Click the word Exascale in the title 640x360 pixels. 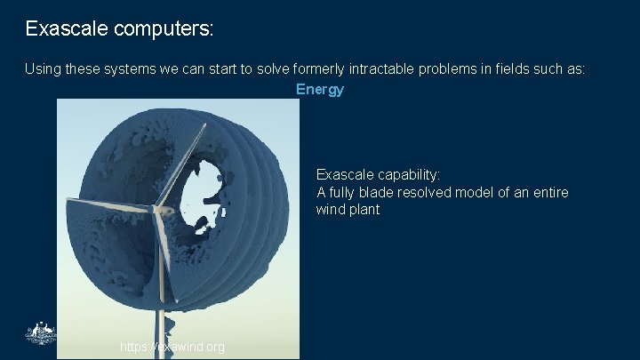pyautogui.click(x=67, y=28)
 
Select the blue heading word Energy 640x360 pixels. pyautogui.click(x=320, y=89)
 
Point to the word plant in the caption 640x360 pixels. pyautogui.click(x=363, y=210)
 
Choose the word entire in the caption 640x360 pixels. pyautogui.click(x=548, y=192)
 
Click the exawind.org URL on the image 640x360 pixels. pyautogui.click(x=172, y=347)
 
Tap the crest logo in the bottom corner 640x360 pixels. pyautogui.click(x=40, y=334)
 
